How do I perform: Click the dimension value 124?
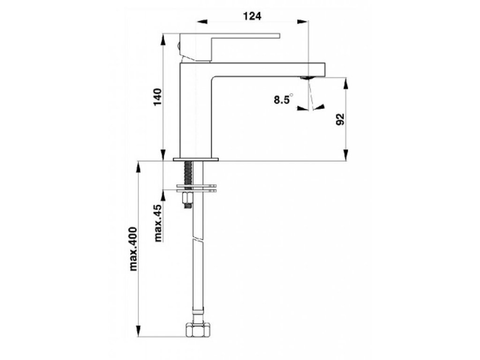tap(252, 16)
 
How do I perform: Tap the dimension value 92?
tap(341, 119)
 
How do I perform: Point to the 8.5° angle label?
tap(283, 99)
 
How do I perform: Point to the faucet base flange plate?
tap(196, 159)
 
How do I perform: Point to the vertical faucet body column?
tap(195, 112)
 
